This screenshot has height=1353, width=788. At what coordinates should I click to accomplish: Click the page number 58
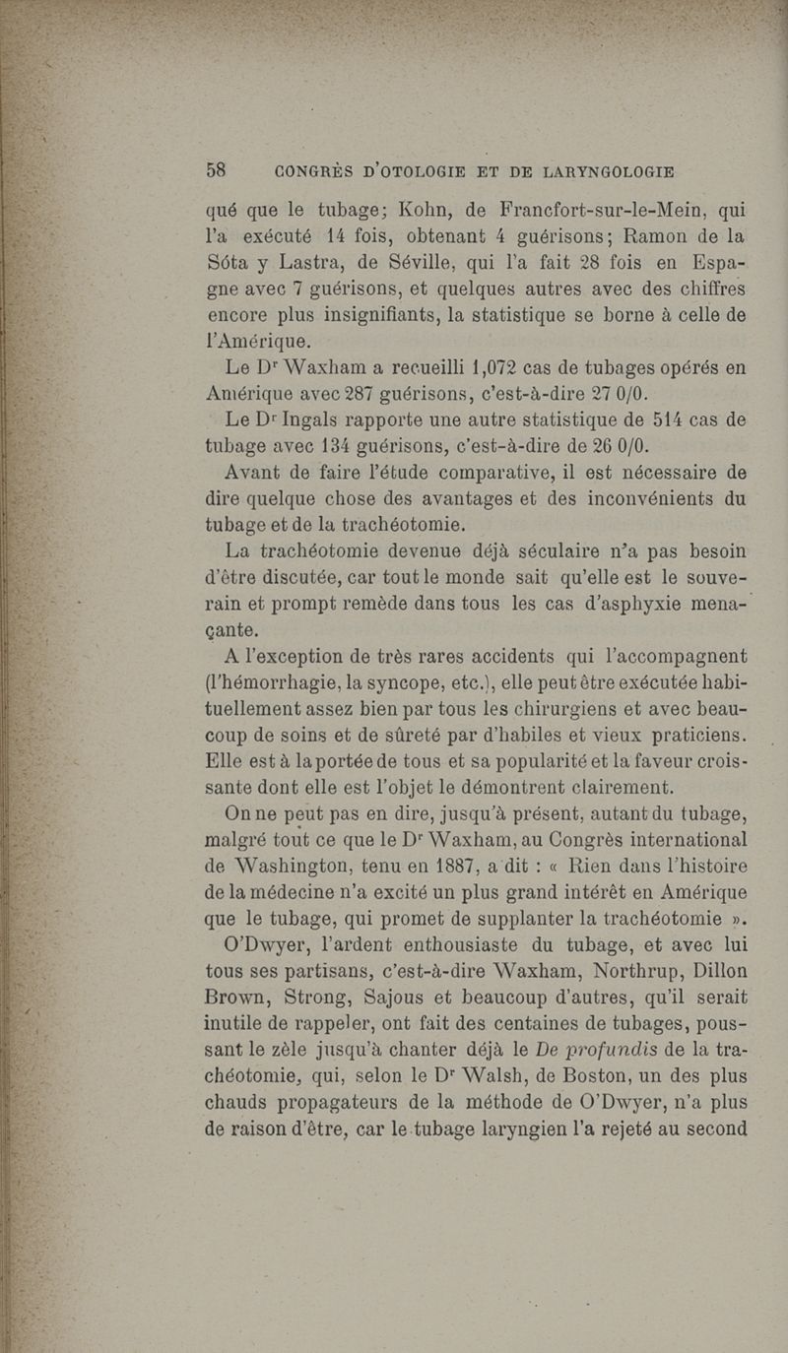click(x=217, y=170)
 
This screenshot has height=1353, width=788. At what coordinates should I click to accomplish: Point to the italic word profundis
click(x=580, y=1079)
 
